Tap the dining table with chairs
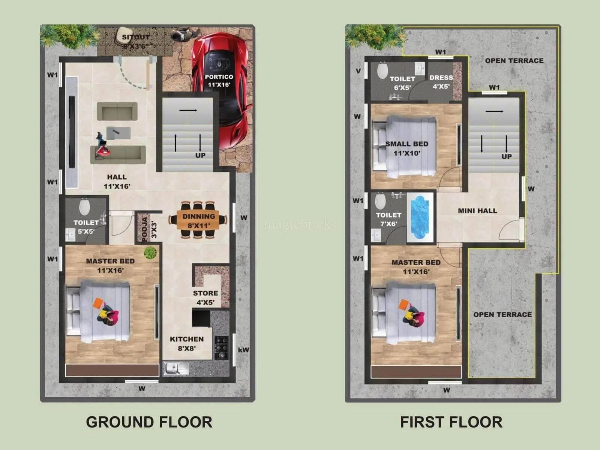[x=198, y=220]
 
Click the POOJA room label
[x=145, y=229]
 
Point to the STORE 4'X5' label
[x=205, y=297]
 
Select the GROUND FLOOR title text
[x=149, y=422]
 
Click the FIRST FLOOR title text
[x=451, y=422]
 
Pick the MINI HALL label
[x=477, y=211]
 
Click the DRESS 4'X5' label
[x=441, y=82]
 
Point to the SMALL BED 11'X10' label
[x=407, y=148]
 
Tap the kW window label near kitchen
[x=243, y=350]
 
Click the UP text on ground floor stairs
[x=200, y=155]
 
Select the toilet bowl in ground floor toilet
[x=84, y=207]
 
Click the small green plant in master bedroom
[x=150, y=253]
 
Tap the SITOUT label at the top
[x=136, y=37]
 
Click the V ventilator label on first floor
[x=358, y=71]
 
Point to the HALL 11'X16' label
[x=117, y=181]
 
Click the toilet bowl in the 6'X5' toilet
[x=382, y=70]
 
